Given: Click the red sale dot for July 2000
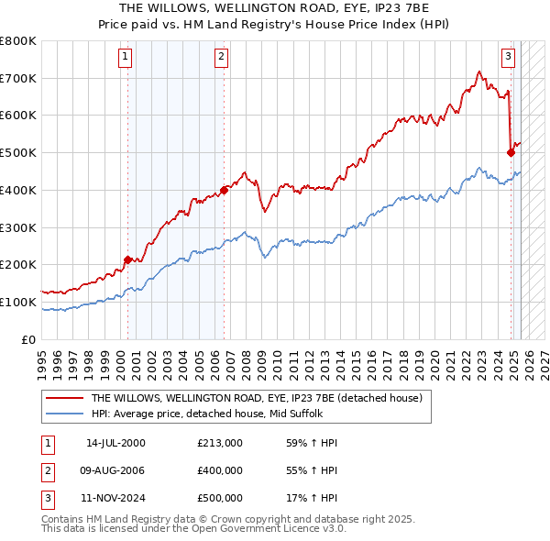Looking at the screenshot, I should click(127, 259).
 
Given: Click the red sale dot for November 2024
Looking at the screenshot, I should click(511, 152).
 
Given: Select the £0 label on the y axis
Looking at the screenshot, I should click(29, 339).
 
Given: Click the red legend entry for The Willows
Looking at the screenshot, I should click(256, 398).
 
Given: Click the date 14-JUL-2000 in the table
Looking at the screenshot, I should click(115, 443).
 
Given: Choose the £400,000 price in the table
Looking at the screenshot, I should click(220, 470).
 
